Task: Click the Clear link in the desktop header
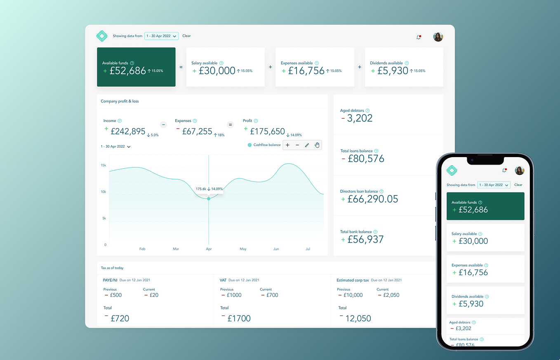point(186,36)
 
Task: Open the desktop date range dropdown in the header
point(161,36)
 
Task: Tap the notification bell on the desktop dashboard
point(419,37)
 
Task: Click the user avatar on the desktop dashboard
point(438,37)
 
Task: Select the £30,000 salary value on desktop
point(217,71)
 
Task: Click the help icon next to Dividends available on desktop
point(407,63)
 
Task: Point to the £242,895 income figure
point(128,131)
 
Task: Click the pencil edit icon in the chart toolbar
point(307,145)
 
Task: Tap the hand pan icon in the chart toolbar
point(317,145)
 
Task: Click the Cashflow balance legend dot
point(249,145)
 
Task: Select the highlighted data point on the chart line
point(209,199)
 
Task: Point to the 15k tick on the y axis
point(104,165)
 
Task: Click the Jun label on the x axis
point(276,249)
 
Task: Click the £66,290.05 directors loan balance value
point(372,199)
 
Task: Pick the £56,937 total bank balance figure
point(365,240)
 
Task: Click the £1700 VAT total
point(239,318)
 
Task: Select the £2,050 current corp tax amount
point(391,295)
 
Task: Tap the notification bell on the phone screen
point(504,170)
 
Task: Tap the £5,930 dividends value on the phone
point(471,304)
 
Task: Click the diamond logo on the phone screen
point(452,170)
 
